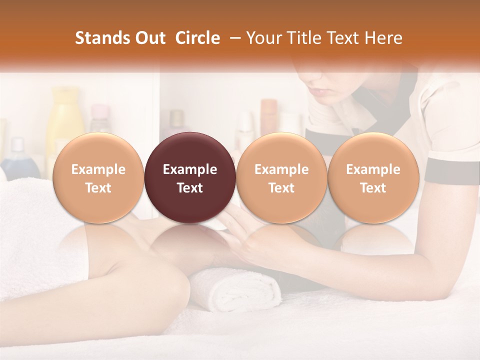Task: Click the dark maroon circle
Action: [x=190, y=178]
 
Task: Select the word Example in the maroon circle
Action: [x=190, y=169]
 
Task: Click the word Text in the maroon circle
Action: [x=190, y=188]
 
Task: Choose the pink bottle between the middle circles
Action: [x=268, y=117]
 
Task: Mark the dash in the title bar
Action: [x=233, y=38]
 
